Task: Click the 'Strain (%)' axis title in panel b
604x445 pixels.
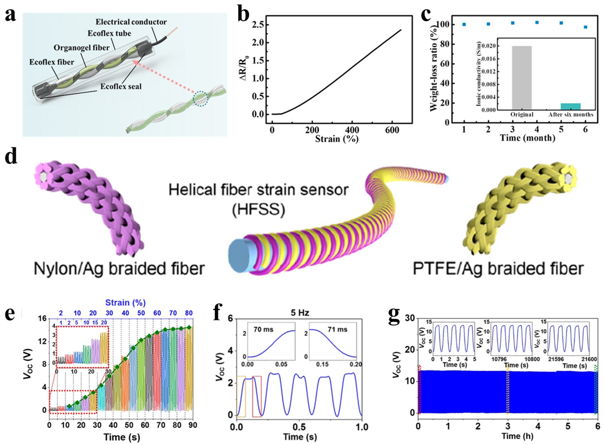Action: click(x=337, y=139)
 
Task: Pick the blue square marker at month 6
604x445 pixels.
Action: click(x=585, y=27)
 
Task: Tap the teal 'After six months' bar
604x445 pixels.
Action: click(x=570, y=106)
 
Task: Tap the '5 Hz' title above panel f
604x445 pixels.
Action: click(x=299, y=313)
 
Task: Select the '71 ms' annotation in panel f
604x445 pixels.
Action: click(x=337, y=329)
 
